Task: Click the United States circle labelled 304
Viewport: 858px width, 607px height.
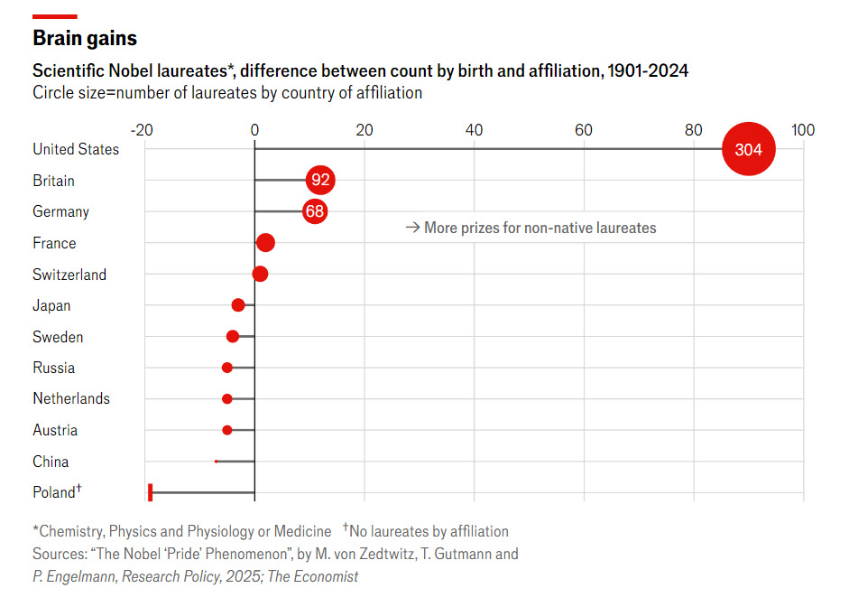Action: pyautogui.click(x=749, y=149)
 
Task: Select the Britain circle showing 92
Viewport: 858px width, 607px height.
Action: pyautogui.click(x=320, y=180)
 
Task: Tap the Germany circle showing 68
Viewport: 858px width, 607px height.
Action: pyautogui.click(x=314, y=211)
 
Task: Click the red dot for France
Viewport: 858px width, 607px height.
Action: pyautogui.click(x=265, y=243)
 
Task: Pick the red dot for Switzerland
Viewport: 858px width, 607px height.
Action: pyautogui.click(x=260, y=274)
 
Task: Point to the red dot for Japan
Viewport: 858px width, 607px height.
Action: pyautogui.click(x=238, y=305)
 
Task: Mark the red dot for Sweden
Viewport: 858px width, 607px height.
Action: pyautogui.click(x=233, y=336)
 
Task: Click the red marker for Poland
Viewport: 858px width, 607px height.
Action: pyautogui.click(x=151, y=492)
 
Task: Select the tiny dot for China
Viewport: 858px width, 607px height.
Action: pyautogui.click(x=217, y=462)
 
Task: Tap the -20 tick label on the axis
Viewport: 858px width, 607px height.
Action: pyautogui.click(x=142, y=130)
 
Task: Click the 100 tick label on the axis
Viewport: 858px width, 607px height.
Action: pyautogui.click(x=802, y=130)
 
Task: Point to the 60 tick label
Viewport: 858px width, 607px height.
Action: pyautogui.click(x=584, y=130)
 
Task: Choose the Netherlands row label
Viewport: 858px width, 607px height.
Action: pyautogui.click(x=71, y=398)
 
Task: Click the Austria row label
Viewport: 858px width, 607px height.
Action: pyautogui.click(x=55, y=430)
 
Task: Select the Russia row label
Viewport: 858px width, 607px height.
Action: pyautogui.click(x=54, y=368)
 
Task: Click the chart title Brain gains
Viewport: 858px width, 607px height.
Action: pyautogui.click(x=85, y=38)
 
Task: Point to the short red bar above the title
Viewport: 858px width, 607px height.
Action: pyautogui.click(x=54, y=16)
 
